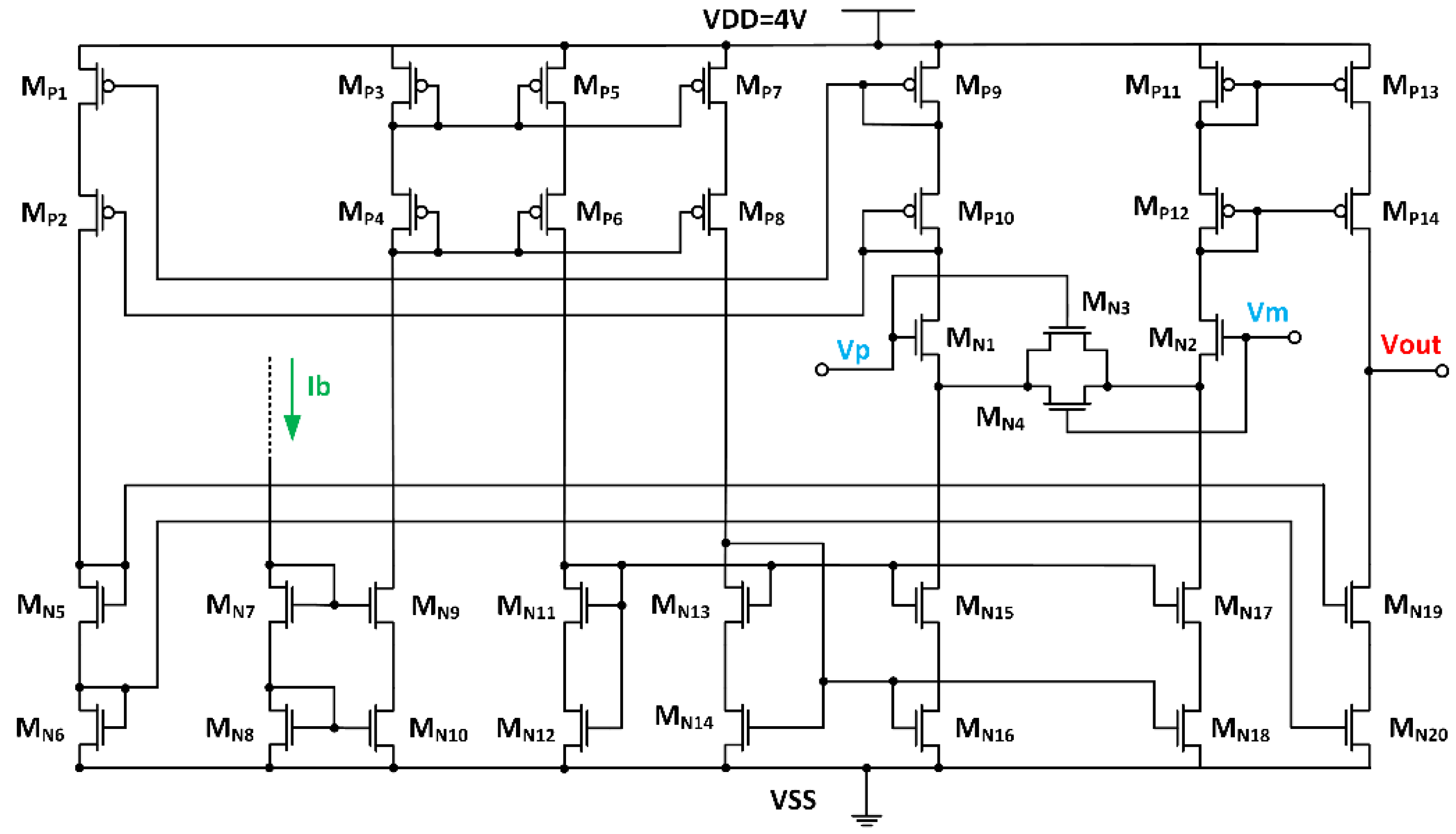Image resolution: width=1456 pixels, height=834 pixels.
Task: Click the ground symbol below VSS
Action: pos(866,820)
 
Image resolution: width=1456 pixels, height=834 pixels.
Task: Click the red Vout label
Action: pos(1410,345)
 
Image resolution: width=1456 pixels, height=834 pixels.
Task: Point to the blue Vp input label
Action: pos(853,349)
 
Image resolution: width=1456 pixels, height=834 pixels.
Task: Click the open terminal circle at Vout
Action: pos(1442,371)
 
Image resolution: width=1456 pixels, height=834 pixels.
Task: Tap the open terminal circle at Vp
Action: pos(822,369)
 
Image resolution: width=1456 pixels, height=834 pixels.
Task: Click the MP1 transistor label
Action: pos(44,88)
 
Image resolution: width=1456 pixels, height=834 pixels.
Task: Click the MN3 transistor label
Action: pos(1105,302)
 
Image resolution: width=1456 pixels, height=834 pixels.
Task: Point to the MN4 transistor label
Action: pos(1000,418)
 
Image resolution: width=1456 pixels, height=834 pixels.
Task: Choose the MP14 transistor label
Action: pos(1410,213)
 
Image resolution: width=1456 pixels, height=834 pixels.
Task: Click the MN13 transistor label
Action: pos(680,606)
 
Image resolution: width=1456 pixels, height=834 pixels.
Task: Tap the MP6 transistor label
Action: pos(599,213)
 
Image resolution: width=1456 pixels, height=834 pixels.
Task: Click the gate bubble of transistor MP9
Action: pos(909,85)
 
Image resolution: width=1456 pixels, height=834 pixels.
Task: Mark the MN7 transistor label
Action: pos(230,606)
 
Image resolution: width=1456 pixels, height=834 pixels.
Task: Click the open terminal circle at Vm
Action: pos(1295,337)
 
